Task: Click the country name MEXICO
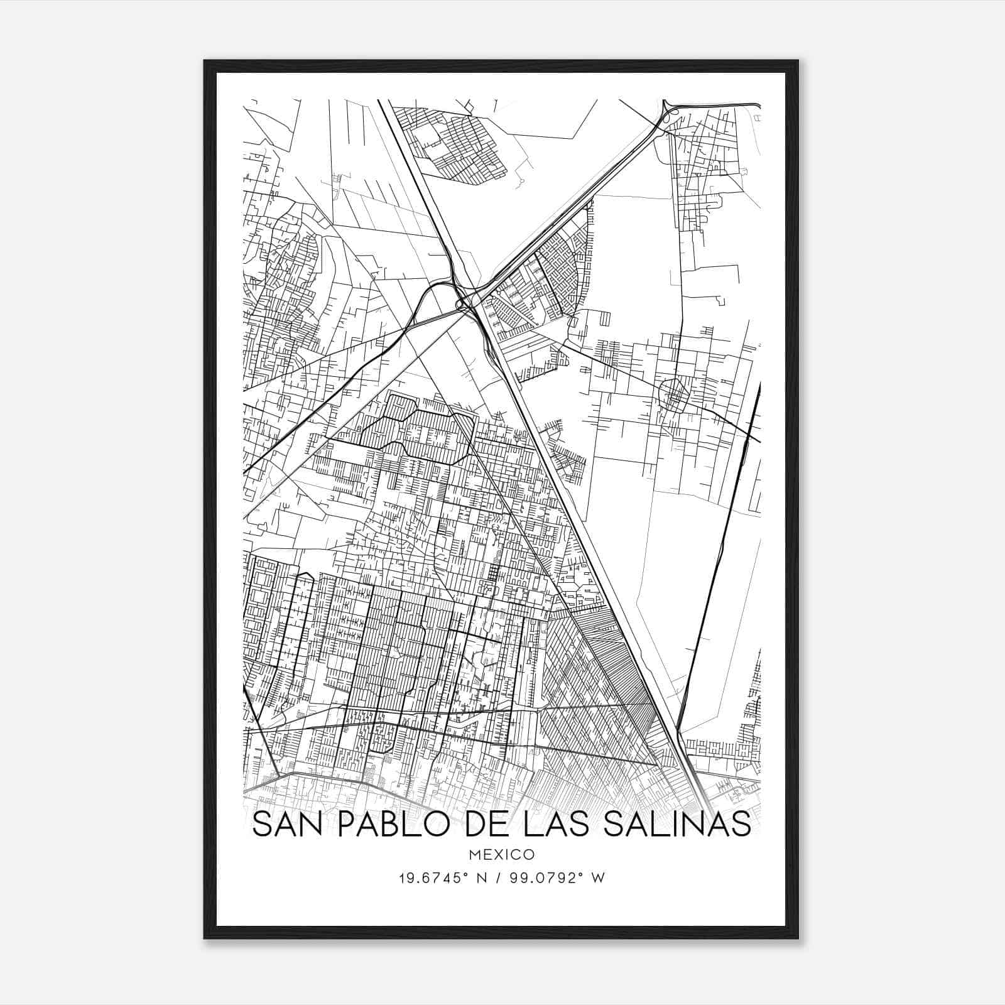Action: [501, 855]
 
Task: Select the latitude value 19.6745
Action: [426, 878]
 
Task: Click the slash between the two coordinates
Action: [498, 878]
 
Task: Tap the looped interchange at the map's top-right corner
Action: [670, 113]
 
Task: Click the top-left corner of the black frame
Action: [205, 61]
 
